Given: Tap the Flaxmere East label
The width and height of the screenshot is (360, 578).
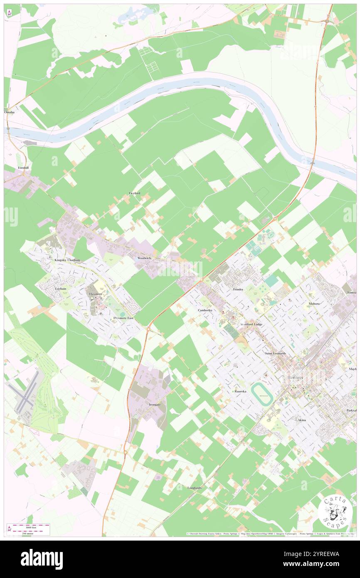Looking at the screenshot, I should point(123,318).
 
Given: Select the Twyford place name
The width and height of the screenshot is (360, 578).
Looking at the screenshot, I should point(134,193).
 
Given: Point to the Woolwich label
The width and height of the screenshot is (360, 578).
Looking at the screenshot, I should point(144,258).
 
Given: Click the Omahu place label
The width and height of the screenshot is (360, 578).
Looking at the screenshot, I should point(9,112).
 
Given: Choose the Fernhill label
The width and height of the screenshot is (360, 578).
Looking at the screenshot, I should point(22,168).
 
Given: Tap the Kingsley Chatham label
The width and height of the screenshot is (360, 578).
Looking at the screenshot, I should point(67,260).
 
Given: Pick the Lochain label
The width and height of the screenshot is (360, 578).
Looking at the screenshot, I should point(61,288).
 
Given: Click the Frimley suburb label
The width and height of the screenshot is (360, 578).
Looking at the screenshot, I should point(238,289).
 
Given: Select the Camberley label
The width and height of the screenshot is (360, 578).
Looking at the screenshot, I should point(205,310).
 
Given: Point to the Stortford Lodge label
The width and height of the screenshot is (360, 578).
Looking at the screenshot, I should point(252,324).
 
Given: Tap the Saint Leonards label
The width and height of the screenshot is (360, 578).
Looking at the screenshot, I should point(276,353).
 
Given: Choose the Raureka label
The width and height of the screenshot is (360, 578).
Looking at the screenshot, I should point(240,391).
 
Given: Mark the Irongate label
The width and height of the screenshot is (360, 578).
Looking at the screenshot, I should point(155,404).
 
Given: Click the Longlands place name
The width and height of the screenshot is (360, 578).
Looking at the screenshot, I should point(195,487).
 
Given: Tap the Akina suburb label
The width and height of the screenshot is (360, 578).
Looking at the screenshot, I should point(302,420).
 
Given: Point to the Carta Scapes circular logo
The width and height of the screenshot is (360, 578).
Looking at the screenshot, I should point(335,513).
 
